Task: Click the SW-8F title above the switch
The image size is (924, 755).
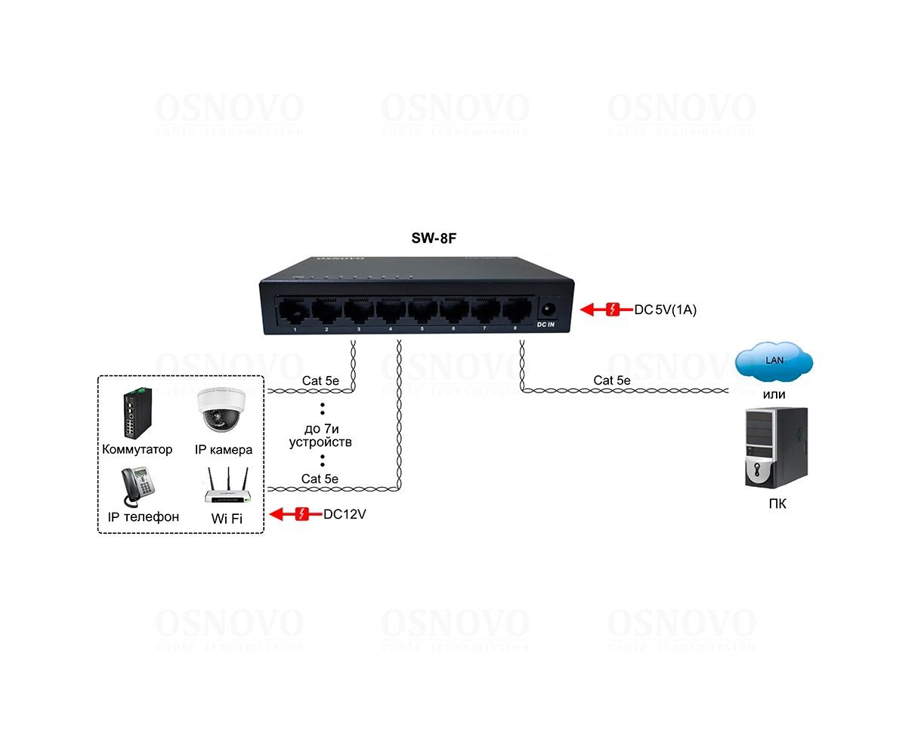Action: (434, 239)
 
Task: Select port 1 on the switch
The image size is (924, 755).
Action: (295, 310)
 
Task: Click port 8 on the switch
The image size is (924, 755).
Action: (515, 310)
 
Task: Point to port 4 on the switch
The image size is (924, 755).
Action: (390, 310)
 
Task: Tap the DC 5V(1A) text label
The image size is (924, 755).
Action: (665, 309)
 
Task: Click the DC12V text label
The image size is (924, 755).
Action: (345, 515)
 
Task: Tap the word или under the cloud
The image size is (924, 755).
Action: (774, 394)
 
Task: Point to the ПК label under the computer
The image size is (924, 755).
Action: (777, 504)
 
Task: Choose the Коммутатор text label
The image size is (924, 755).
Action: (137, 449)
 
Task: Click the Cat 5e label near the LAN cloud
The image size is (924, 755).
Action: (611, 381)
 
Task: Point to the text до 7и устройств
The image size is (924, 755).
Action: (320, 436)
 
